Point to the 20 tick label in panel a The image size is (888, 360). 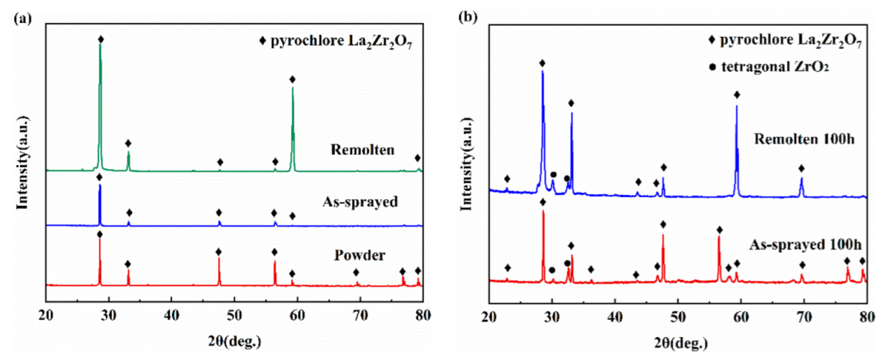[x=46, y=314]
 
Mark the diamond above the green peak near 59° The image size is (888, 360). [x=292, y=79]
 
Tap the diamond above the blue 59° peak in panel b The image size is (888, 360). [x=737, y=95]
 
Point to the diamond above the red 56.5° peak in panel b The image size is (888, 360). [x=719, y=229]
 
